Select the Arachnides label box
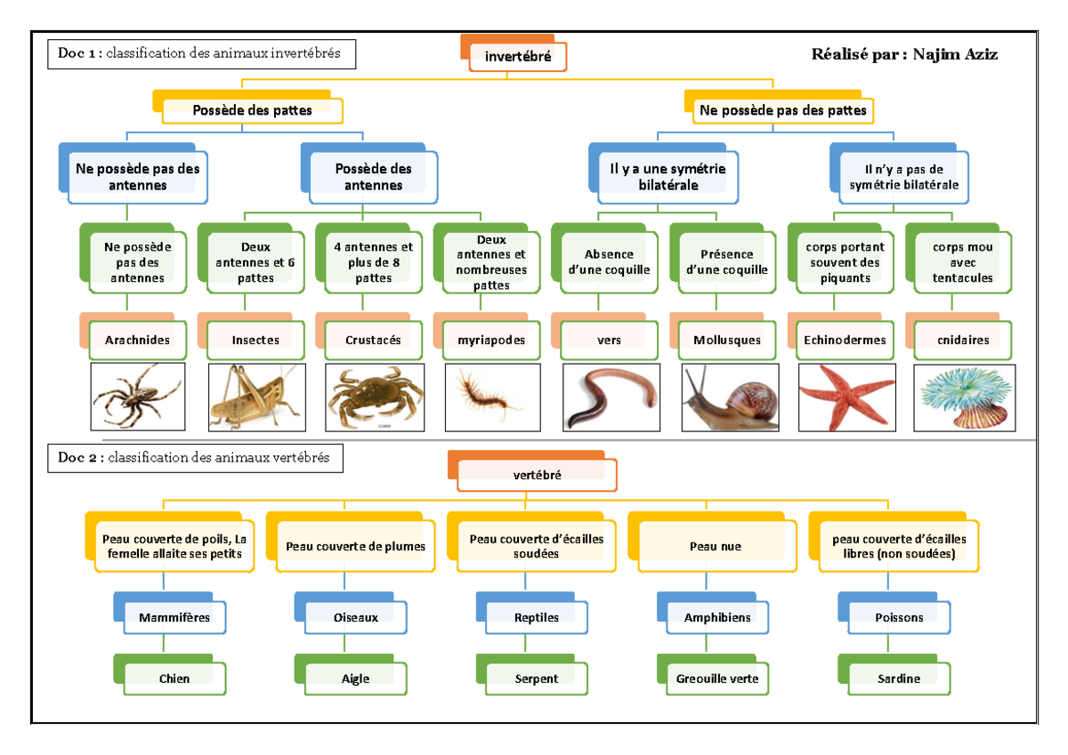pyautogui.click(x=137, y=340)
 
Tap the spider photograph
pyautogui.click(x=137, y=397)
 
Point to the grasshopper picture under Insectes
pyautogui.click(x=256, y=397)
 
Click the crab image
pyautogui.click(x=372, y=397)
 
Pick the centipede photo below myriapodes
pyautogui.click(x=489, y=395)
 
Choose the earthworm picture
pyautogui.click(x=611, y=397)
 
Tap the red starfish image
pyautogui.click(x=843, y=397)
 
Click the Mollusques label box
pyautogui.click(x=726, y=340)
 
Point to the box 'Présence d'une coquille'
pyautogui.click(x=726, y=262)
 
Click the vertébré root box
pyautogui.click(x=537, y=475)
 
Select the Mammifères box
pyautogui.click(x=174, y=617)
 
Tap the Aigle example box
pyautogui.click(x=355, y=679)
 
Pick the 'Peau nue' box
pyautogui.click(x=716, y=546)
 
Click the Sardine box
pyautogui.click(x=898, y=679)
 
